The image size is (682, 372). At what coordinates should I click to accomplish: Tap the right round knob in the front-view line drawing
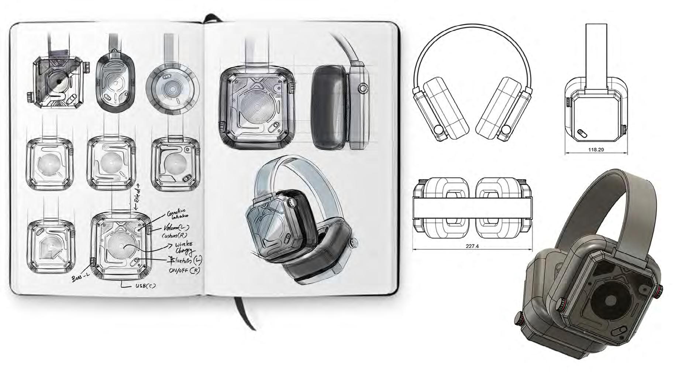[x=507, y=130]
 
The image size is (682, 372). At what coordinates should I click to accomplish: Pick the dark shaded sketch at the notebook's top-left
[x=58, y=82]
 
